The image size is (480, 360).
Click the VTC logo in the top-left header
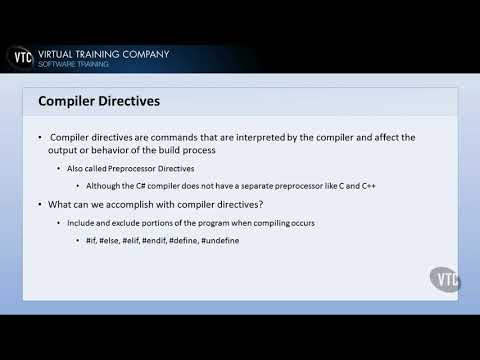pyautogui.click(x=19, y=58)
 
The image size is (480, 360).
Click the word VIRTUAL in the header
pyautogui.click(x=62, y=53)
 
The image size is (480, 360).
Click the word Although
pyautogui.click(x=111, y=186)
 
